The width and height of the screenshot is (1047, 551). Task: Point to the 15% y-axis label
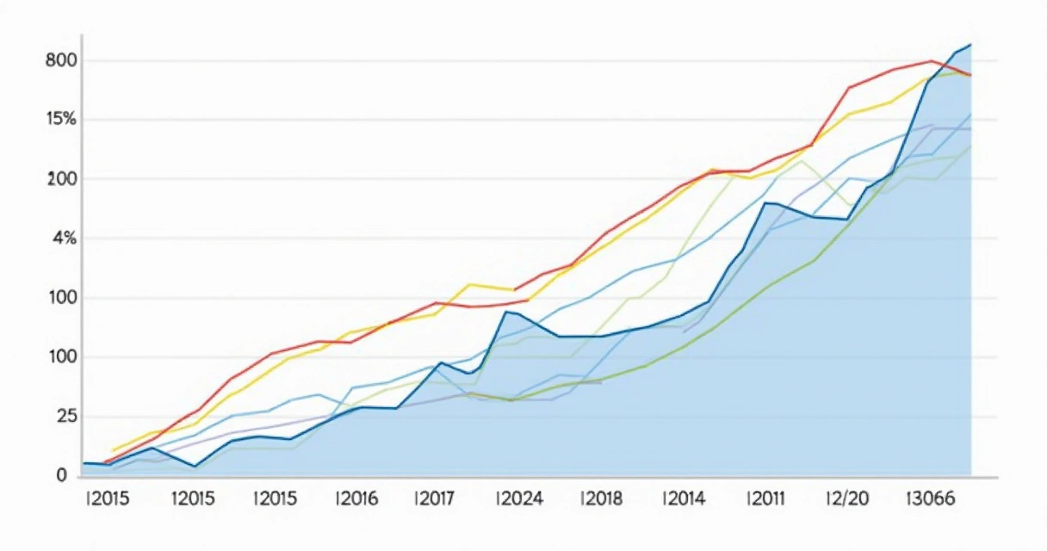(56, 120)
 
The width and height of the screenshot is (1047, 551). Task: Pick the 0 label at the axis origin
(61, 474)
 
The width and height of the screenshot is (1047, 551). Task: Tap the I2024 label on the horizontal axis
(520, 499)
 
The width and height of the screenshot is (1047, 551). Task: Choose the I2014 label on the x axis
(684, 499)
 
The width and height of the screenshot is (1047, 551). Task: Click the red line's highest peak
(931, 61)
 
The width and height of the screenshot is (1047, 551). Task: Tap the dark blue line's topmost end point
(970, 44)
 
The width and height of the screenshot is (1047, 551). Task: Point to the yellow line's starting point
(114, 450)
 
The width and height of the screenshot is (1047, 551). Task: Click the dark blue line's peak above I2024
(506, 312)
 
